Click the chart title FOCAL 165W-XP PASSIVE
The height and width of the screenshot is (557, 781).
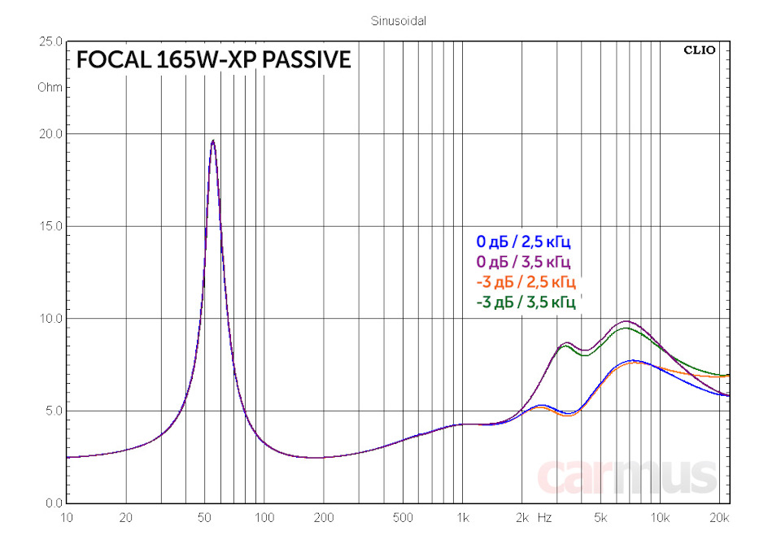[213, 60]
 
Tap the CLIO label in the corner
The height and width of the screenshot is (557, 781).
[699, 50]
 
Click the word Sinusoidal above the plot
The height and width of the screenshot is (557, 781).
[398, 21]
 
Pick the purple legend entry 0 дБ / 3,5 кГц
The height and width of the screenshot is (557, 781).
[524, 262]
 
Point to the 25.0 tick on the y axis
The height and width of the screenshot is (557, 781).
[50, 41]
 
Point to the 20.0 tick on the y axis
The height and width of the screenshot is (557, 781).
[50, 133]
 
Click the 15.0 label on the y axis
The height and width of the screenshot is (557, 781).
[50, 226]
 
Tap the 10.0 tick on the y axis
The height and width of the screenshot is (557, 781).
[50, 318]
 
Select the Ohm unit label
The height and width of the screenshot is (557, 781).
[50, 87]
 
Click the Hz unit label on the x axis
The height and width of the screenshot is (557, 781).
[544, 517]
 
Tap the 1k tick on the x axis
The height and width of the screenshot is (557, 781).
[462, 517]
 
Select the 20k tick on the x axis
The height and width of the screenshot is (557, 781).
[719, 517]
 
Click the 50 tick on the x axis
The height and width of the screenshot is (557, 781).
[205, 517]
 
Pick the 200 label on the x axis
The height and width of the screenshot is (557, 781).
[324, 517]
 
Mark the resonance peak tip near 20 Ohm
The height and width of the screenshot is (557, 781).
[212, 141]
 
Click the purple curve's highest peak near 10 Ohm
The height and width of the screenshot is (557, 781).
[626, 321]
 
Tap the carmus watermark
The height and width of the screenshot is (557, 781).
[627, 476]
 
